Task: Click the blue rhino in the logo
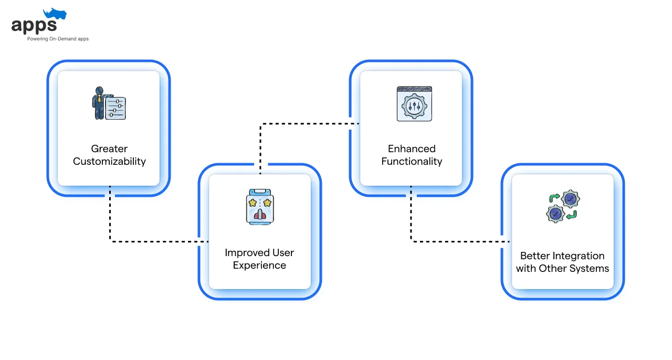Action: (55, 14)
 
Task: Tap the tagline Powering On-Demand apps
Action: (58, 39)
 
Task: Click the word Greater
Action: (109, 149)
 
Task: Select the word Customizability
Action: (109, 162)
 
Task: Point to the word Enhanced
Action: (412, 149)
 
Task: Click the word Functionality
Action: (412, 162)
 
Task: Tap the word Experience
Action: (259, 265)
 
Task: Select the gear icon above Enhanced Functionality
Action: (414, 106)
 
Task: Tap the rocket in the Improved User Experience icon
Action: (260, 214)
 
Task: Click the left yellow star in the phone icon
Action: (253, 203)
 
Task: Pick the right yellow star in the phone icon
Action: (267, 203)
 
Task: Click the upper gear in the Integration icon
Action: (570, 198)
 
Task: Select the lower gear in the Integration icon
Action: (555, 214)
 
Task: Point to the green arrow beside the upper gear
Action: (554, 198)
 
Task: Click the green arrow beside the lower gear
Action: (572, 215)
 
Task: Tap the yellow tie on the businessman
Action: (99, 99)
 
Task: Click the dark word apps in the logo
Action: (34, 26)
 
